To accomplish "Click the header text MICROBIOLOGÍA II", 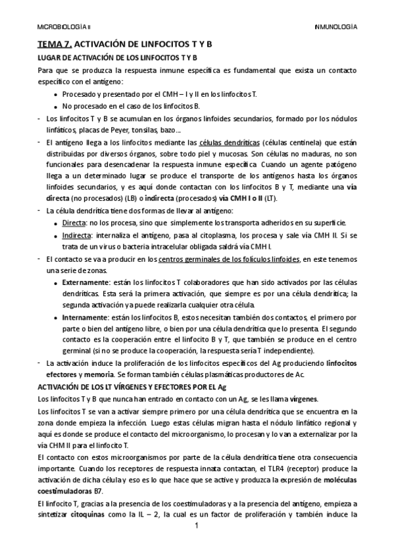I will pyautogui.click(x=64, y=28).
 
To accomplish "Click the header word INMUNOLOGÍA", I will pyautogui.click(x=336, y=28).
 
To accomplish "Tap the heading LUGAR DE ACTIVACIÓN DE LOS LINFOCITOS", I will pyautogui.click(x=112, y=57).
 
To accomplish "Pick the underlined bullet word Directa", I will pyautogui.click(x=74, y=222).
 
